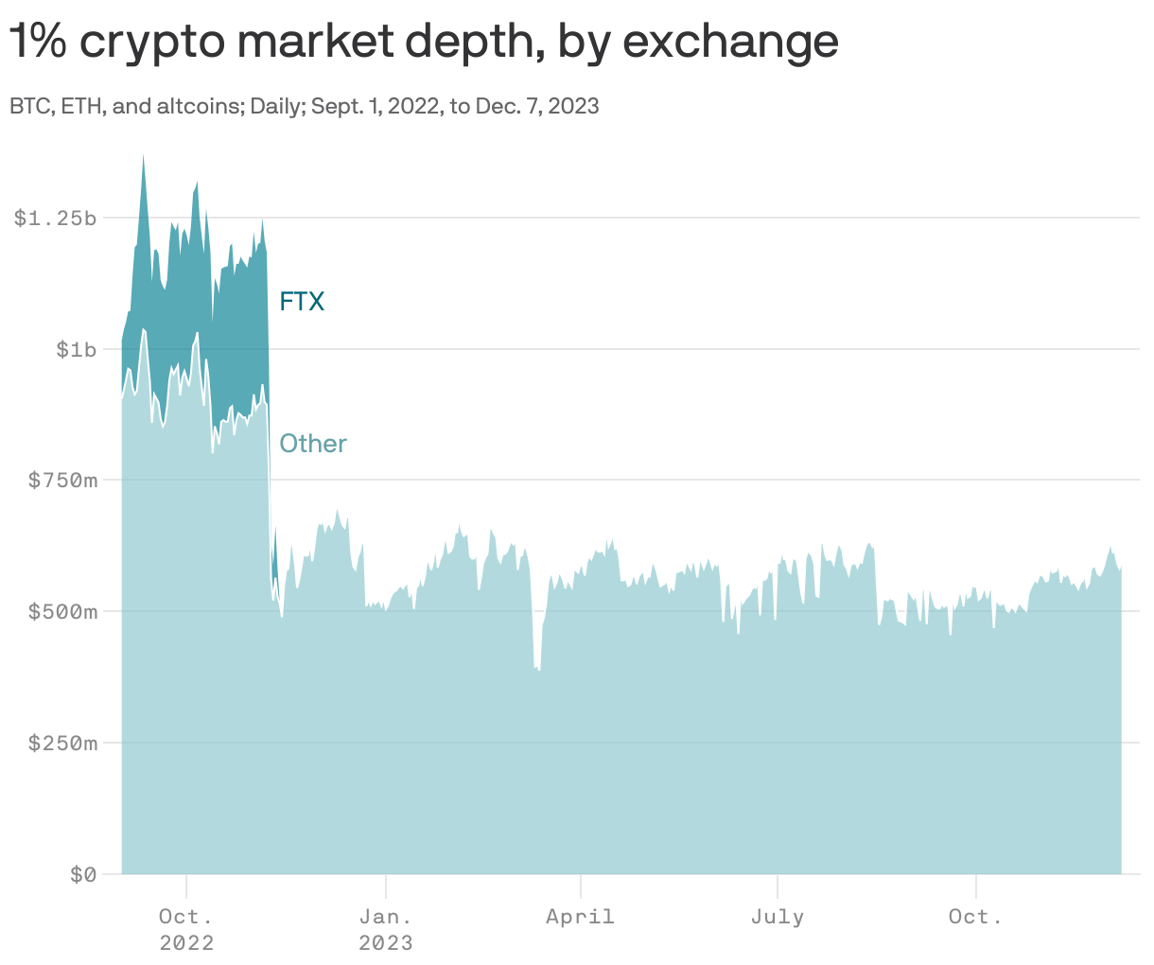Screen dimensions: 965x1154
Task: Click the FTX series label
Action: (302, 302)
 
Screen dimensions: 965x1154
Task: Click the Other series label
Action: (313, 444)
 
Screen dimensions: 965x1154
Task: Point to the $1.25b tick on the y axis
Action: (54, 219)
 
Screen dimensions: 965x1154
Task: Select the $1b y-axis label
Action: (76, 350)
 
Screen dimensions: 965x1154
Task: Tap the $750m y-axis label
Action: (62, 481)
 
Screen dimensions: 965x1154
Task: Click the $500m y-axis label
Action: (62, 612)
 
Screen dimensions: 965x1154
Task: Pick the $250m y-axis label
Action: (62, 744)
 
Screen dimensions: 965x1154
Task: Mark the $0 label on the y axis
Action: (83, 875)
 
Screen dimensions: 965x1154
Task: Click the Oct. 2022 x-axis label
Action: (186, 929)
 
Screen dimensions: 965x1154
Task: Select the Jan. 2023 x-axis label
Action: (386, 929)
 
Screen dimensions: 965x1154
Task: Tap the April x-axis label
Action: (580, 917)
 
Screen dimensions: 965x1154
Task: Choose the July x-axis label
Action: (778, 917)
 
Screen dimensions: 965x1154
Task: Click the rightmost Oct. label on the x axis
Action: (975, 917)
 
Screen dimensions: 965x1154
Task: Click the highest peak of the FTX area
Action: (143, 157)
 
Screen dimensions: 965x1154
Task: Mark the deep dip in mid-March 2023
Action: (538, 669)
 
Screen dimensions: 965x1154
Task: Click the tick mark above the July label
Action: (778, 886)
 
